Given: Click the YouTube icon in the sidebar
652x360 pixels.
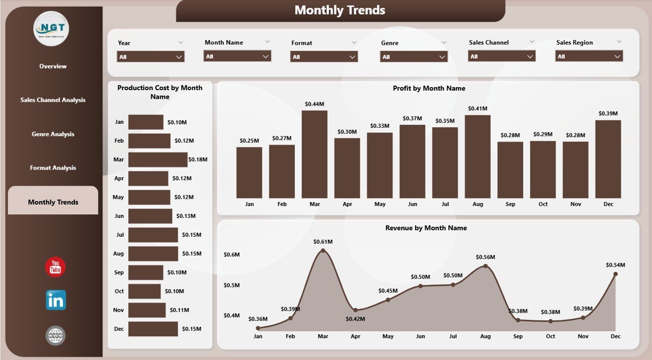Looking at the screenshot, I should tap(56, 267).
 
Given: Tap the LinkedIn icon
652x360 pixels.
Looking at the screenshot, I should tap(56, 300).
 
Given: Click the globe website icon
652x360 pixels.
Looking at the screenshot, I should tap(56, 336).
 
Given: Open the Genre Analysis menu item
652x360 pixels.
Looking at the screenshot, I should tap(53, 134).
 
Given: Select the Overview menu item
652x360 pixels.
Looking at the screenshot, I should tap(53, 66).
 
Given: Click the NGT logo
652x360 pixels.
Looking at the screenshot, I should tap(51, 29).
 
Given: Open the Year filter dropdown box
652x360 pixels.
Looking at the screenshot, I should tap(151, 57).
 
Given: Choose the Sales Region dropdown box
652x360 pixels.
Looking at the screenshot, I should tap(589, 57).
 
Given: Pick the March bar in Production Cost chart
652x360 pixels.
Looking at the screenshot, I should tap(158, 159).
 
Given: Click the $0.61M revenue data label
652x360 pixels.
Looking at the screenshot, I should tap(322, 241).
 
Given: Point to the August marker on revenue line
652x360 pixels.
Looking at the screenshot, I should tap(485, 266).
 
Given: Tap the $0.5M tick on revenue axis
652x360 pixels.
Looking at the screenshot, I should tap(231, 285).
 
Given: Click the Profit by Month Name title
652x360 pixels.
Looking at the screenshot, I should tap(429, 89).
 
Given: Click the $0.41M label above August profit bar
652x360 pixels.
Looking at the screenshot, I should tap(478, 108).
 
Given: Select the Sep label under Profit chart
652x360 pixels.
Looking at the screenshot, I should tap(510, 204).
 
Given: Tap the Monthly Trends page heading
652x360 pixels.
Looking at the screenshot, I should tap(340, 10).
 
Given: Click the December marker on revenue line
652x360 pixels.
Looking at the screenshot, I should tap(615, 274).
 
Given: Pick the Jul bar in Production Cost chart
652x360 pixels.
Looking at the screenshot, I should tap(153, 235).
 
